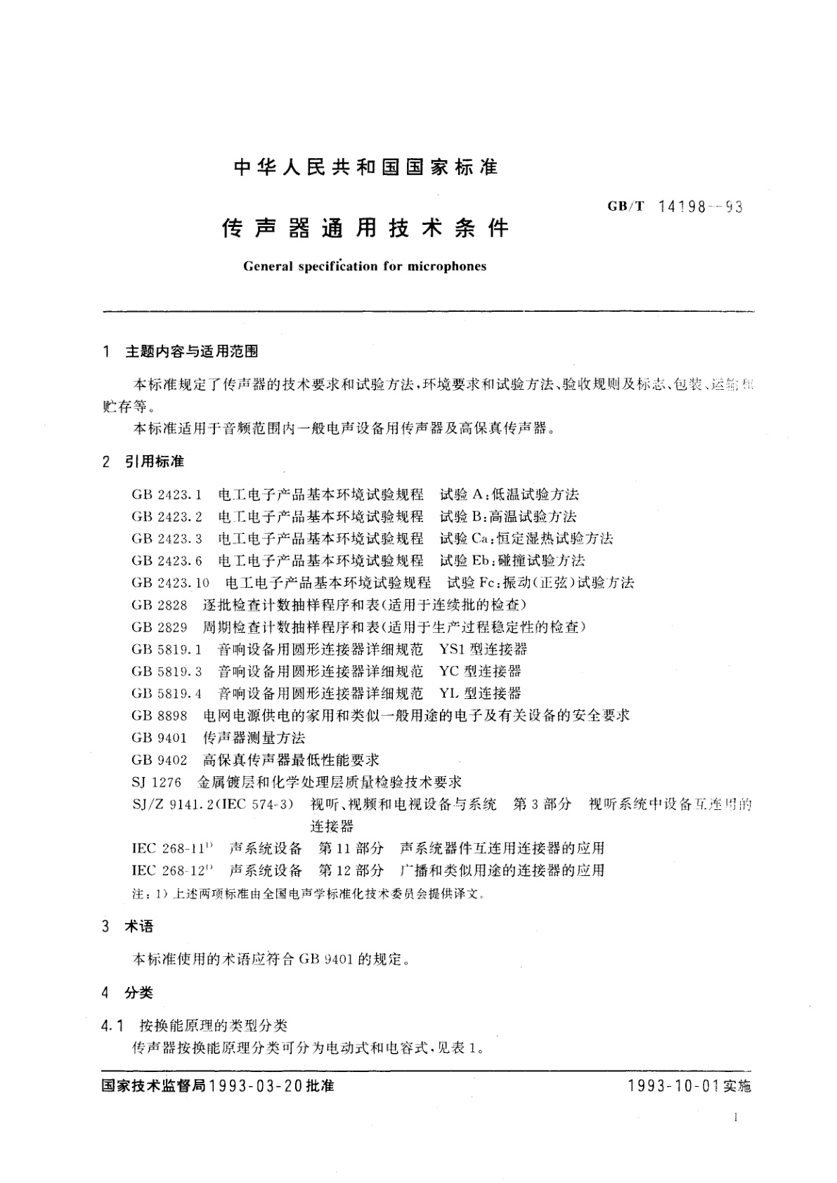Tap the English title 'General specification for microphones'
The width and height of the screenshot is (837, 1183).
point(364,266)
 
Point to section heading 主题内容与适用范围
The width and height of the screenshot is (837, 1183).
point(191,351)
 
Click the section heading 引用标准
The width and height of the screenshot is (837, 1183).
point(155,462)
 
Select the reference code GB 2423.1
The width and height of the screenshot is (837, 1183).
point(167,495)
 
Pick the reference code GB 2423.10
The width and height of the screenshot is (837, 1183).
point(170,583)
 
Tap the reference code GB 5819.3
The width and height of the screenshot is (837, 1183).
point(167,672)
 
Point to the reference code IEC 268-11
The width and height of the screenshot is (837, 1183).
point(169,849)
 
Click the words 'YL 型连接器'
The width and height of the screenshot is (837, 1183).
point(480,694)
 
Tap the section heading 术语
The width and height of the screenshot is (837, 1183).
point(138,927)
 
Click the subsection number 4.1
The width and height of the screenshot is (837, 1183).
point(112,1026)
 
